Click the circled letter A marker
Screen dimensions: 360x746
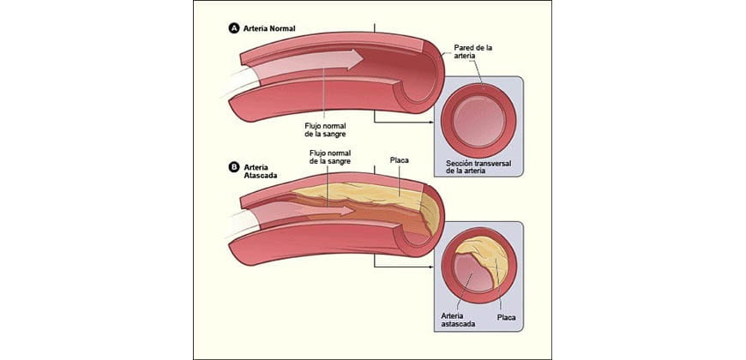coord(233,28)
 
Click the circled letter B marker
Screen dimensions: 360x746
coord(233,167)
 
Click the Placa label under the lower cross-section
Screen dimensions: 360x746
coord(506,316)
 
